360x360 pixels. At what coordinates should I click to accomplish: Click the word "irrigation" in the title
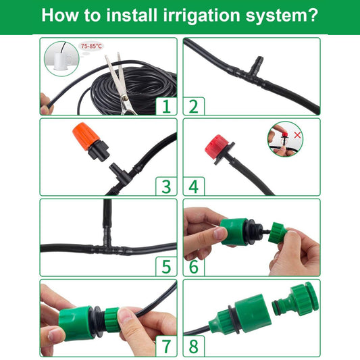201,16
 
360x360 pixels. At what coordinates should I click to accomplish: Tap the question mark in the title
312,15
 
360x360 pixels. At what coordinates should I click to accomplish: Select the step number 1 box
166,106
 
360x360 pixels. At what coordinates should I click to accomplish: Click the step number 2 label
194,106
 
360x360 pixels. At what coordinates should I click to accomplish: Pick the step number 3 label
166,186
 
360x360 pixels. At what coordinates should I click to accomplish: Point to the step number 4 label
194,186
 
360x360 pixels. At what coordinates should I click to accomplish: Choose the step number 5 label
166,267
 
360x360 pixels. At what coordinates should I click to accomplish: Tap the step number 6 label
194,267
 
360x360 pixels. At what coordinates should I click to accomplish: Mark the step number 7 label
166,346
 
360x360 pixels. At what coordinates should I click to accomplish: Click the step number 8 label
194,346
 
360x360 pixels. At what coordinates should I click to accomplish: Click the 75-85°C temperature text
91,46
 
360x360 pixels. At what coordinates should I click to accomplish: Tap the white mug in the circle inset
61,61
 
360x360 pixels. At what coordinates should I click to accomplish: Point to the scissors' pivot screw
125,98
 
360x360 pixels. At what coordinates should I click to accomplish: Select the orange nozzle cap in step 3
85,136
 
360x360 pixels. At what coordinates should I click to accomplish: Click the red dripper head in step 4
216,145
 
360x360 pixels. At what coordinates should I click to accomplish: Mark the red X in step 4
297,135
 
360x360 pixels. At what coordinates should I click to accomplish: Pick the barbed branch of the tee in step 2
257,66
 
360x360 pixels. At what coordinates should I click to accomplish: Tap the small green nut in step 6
278,232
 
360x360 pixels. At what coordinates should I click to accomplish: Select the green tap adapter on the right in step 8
297,299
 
